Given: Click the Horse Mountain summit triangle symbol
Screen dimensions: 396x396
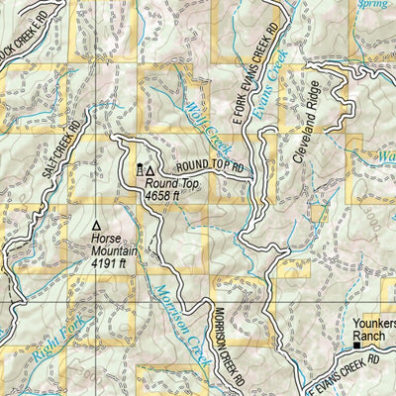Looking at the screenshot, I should click(96, 225).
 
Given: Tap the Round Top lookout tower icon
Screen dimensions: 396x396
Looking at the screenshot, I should click(139, 170).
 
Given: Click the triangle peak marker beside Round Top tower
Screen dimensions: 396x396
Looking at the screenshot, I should click(150, 170).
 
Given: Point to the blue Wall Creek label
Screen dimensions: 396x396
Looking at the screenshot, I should click(202, 125).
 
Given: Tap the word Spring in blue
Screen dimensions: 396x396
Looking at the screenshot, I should click(376, 5).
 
